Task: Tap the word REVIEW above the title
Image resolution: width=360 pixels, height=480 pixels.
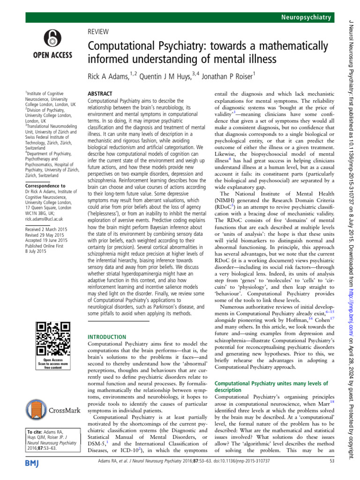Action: pyautogui.click(x=98, y=31)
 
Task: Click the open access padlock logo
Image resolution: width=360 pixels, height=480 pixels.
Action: pyautogui.click(x=52, y=41)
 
